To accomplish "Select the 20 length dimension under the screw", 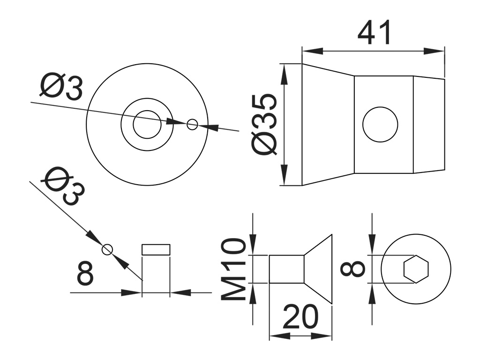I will (300, 317).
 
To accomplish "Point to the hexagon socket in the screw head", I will (416, 269).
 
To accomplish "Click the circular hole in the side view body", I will (380, 124).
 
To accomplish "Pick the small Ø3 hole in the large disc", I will (192, 124).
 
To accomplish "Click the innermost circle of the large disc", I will (147, 125).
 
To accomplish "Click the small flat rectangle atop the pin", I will (156, 249).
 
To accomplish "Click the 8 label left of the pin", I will (85, 274).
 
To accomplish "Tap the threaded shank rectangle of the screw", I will (286, 269).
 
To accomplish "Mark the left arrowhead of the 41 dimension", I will (309, 50).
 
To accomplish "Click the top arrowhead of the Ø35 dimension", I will (284, 70).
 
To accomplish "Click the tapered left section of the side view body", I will (328, 124).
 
